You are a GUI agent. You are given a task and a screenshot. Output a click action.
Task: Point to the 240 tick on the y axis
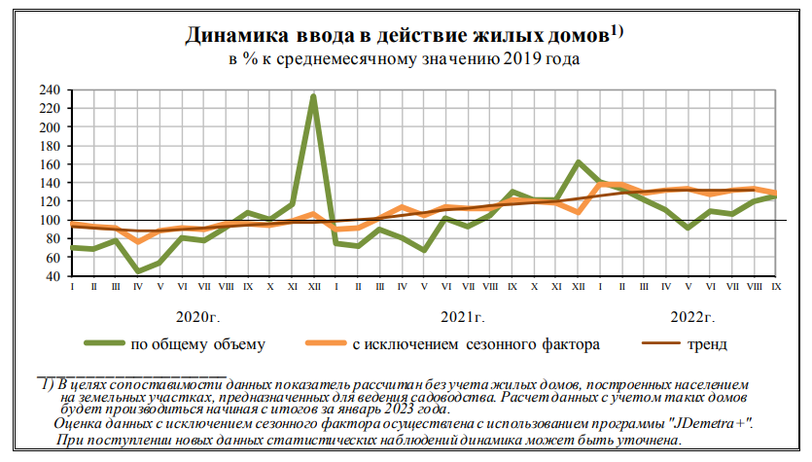coord(50,89)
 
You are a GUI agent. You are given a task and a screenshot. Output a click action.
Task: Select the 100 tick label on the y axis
coord(50,220)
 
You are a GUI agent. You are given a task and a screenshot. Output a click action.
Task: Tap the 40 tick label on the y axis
coord(53,276)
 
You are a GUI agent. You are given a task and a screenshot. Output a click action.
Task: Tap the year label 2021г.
coord(463,317)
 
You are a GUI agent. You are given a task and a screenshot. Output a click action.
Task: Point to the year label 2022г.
coord(694,317)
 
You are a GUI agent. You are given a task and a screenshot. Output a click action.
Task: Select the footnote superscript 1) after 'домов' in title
coord(616,30)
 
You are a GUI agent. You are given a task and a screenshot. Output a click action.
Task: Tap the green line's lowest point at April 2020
coord(139,271)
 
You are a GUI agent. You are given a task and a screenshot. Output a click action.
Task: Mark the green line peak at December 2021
coord(579,162)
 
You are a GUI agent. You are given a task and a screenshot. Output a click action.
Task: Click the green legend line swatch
coord(103,342)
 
